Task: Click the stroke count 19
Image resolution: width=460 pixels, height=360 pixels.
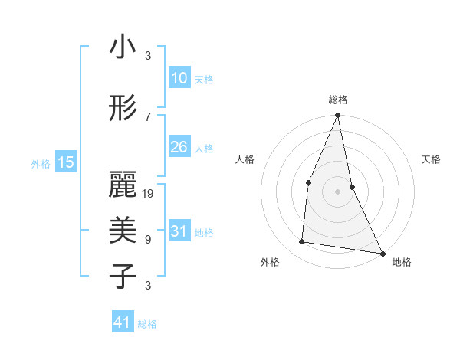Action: (148, 194)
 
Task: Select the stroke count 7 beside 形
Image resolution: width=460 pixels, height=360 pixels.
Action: (148, 116)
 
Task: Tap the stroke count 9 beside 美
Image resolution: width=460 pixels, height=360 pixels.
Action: (148, 240)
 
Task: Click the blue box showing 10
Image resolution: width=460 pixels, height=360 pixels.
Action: (179, 78)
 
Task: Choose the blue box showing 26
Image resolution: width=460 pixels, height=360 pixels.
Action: (179, 147)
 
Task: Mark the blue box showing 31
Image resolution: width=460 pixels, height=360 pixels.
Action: (179, 231)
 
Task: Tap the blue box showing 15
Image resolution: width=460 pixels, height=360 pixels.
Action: (66, 162)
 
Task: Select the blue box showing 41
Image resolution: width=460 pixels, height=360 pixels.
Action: (122, 322)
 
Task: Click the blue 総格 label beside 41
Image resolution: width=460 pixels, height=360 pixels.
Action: (147, 324)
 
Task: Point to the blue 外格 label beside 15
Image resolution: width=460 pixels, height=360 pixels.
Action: (41, 163)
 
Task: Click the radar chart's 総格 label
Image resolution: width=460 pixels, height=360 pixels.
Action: (338, 100)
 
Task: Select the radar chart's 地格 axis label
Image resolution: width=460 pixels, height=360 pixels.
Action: (402, 262)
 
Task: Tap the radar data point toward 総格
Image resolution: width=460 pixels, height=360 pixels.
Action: (337, 116)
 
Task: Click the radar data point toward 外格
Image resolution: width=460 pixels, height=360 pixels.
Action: (302, 242)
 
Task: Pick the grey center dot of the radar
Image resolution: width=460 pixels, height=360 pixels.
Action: (337, 191)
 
